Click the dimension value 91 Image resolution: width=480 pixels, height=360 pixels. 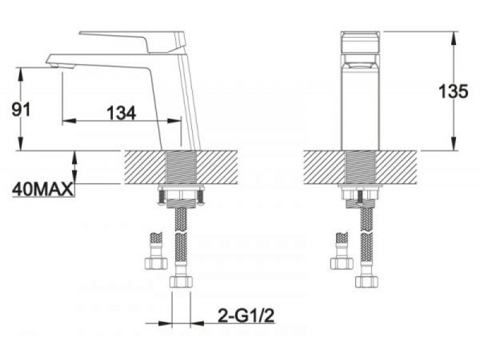[21, 110]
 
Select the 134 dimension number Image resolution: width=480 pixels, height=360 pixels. [121, 113]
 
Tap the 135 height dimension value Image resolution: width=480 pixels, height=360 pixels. [453, 91]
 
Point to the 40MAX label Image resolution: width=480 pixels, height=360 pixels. [43, 190]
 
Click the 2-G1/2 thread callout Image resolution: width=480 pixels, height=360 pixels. [245, 316]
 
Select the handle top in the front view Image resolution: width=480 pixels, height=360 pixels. [361, 42]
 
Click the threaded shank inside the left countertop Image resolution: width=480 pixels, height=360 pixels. [181, 167]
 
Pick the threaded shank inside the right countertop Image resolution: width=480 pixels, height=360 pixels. [361, 167]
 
